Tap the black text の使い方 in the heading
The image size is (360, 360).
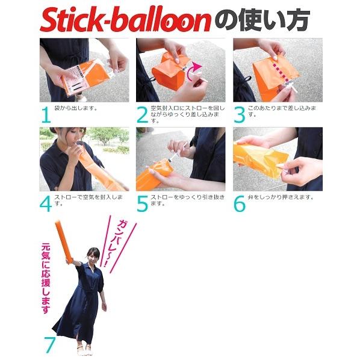[x=262, y=20]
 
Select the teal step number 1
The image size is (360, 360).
[x=46, y=115]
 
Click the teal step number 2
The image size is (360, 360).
[x=142, y=115]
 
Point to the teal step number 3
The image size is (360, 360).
[x=240, y=115]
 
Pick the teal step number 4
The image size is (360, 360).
[x=46, y=204]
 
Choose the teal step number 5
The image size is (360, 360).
[x=142, y=204]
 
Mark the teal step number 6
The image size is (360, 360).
[x=240, y=204]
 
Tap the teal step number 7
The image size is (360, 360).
[x=50, y=345]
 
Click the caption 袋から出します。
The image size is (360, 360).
[x=76, y=108]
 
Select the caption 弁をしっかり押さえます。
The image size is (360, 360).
[x=281, y=197]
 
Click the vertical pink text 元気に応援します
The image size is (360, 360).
[x=46, y=279]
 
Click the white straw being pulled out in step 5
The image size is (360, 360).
[x=179, y=152]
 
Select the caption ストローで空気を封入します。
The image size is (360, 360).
[x=88, y=200]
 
